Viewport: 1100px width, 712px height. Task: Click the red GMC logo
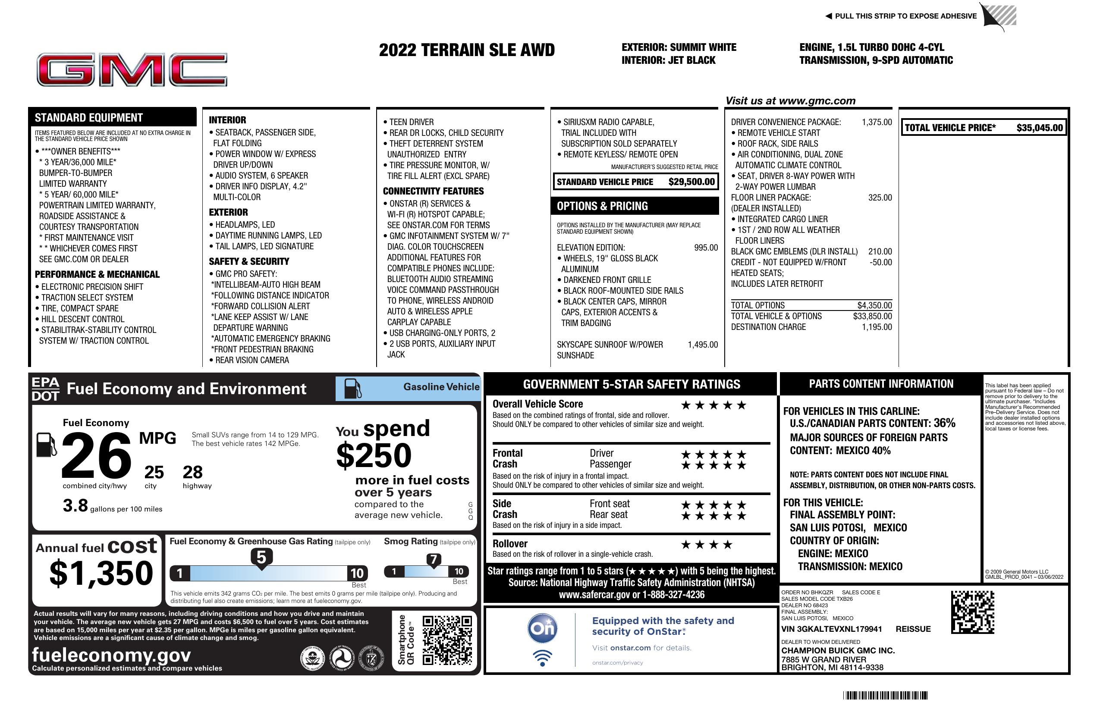click(132, 70)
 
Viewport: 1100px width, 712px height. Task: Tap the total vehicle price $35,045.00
click(1039, 128)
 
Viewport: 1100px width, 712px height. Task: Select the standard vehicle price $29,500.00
click(691, 182)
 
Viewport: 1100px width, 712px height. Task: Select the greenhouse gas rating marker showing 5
click(261, 558)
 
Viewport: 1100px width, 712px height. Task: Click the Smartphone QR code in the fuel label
click(447, 640)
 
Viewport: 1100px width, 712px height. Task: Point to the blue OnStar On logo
click(542, 628)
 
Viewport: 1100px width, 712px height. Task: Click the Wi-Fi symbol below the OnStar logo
click(542, 658)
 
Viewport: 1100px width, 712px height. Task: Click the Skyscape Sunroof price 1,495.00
click(703, 345)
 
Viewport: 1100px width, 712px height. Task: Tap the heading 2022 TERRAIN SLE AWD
click(466, 50)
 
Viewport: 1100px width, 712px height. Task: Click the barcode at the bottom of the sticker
click(885, 695)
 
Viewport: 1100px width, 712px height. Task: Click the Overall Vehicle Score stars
click(713, 406)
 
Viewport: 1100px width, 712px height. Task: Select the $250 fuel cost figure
click(374, 455)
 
